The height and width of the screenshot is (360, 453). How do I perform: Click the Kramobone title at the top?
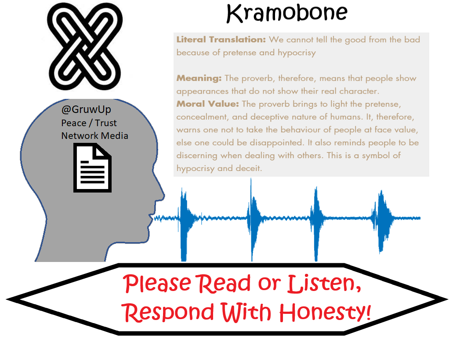tap(286, 13)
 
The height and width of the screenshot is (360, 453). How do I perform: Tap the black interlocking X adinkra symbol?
tap(85, 46)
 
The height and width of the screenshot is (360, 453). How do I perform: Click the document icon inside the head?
tap(92, 168)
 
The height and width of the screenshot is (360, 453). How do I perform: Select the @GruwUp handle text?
tap(86, 109)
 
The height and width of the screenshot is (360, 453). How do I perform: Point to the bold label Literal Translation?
tap(221, 40)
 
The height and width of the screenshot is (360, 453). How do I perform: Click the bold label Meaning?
tap(199, 78)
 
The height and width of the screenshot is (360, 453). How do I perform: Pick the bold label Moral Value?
tap(208, 104)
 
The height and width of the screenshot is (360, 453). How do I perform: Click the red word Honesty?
tap(325, 313)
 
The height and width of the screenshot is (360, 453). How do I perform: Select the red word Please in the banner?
tap(158, 284)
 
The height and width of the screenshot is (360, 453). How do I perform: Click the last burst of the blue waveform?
tap(382, 221)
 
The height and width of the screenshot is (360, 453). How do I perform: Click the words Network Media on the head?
tap(95, 136)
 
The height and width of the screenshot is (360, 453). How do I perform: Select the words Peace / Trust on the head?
tap(89, 123)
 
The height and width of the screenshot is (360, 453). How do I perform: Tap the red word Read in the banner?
tap(225, 283)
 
